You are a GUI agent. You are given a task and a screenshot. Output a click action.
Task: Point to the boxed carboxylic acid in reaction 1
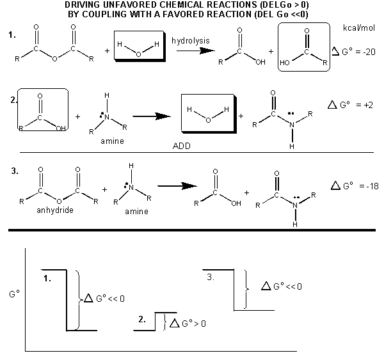pos(305,47)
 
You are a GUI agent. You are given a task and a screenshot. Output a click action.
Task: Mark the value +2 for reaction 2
pos(369,104)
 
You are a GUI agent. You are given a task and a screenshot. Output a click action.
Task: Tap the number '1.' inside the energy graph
pos(47,278)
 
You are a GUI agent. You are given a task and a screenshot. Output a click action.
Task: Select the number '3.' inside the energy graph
pos(211,278)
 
